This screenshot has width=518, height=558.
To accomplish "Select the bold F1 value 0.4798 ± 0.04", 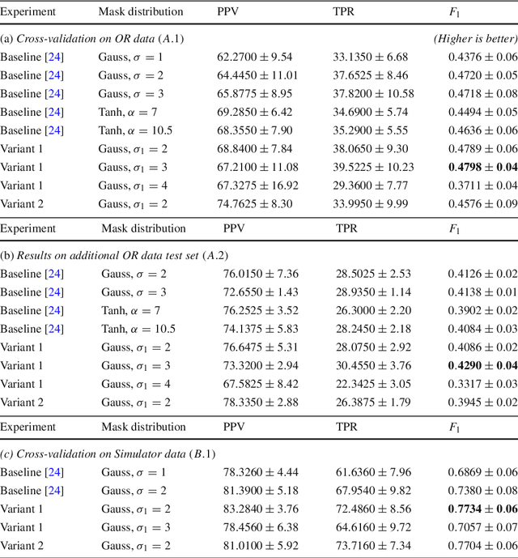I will [x=482, y=167].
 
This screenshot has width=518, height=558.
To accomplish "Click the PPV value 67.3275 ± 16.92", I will [x=257, y=185].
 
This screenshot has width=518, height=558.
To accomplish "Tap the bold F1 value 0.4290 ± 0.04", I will [x=482, y=365].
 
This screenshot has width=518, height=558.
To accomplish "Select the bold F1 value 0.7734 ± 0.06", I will [x=482, y=508].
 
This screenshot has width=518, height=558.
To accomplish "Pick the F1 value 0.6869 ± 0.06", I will [x=482, y=471].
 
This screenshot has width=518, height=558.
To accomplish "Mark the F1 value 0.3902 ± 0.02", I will [x=482, y=310].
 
